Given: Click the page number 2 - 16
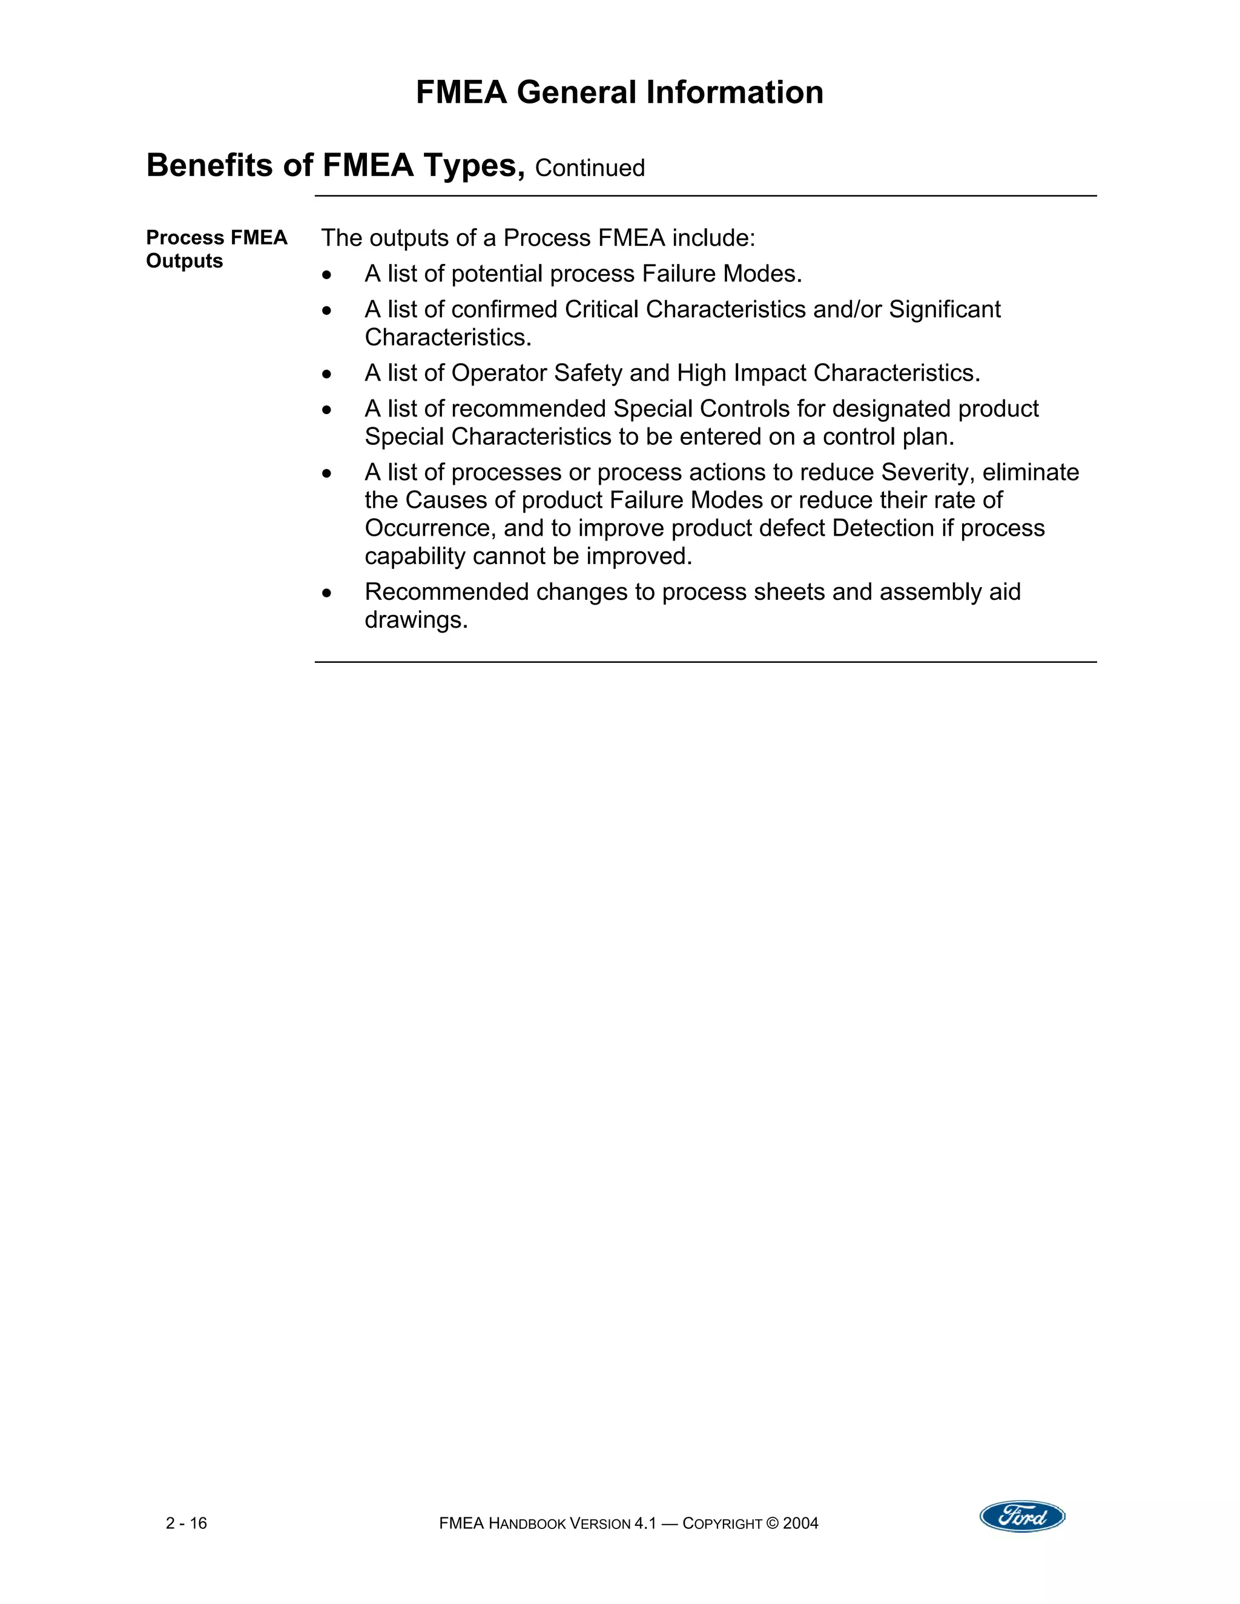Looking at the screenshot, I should pyautogui.click(x=186, y=1523).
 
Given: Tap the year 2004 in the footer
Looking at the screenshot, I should pyautogui.click(x=800, y=1524).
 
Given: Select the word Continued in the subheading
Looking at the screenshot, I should pyautogui.click(x=590, y=168).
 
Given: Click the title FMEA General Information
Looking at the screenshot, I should pyautogui.click(x=619, y=93).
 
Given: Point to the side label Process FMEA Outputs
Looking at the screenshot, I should pyautogui.click(x=217, y=249).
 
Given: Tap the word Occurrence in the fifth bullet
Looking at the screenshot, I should pyautogui.click(x=430, y=528).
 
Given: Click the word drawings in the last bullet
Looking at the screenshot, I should pyautogui.click(x=416, y=620).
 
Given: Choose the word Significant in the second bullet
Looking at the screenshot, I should pyautogui.click(x=945, y=309).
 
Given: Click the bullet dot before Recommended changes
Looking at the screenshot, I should pyautogui.click(x=327, y=593).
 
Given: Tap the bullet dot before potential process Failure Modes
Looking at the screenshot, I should pyautogui.click(x=327, y=275).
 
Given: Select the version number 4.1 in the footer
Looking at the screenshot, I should pyautogui.click(x=644, y=1524).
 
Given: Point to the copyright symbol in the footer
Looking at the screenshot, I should pyautogui.click(x=772, y=1524).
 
